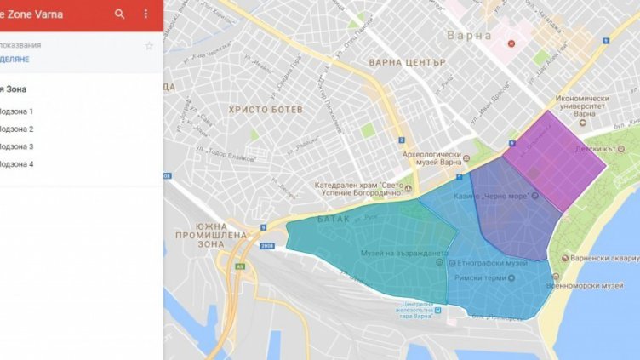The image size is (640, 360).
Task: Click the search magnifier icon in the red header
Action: tap(120, 14)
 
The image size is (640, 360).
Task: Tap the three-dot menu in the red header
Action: tap(146, 14)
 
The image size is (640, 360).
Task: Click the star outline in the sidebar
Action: tap(149, 45)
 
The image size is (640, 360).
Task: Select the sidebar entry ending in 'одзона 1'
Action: tap(18, 111)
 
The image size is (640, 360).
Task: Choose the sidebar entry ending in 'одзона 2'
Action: tap(18, 129)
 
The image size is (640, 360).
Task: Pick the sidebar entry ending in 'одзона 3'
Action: tap(18, 146)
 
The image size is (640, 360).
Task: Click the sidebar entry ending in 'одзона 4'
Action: tap(18, 163)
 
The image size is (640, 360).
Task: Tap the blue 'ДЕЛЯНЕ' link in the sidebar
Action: tap(18, 59)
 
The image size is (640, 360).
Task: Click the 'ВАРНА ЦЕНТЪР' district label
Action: tap(407, 63)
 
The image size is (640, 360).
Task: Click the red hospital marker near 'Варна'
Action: tap(511, 43)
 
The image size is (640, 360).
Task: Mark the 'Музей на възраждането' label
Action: tap(403, 254)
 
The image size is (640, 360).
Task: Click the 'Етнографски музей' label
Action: tap(494, 264)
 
